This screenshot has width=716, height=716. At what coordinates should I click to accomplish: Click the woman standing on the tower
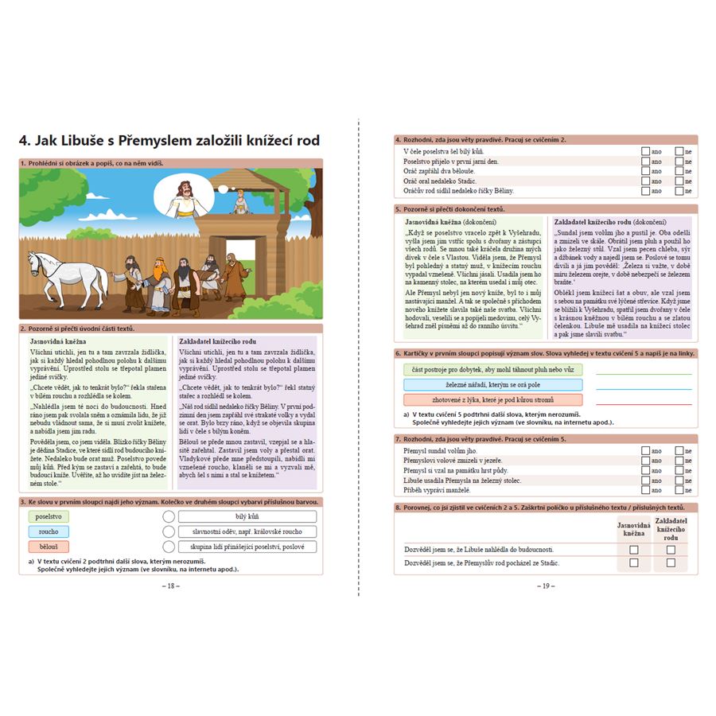coord(236,201)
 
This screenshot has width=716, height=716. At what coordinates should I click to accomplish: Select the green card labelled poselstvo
coord(48,516)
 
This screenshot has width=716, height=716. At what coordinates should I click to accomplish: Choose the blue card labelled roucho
coord(48,531)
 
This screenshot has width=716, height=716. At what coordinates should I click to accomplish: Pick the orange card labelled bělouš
coord(48,547)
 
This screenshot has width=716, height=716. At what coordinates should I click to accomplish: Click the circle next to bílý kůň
coord(168,516)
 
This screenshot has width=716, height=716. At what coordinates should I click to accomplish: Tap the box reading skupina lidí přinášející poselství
coord(247,547)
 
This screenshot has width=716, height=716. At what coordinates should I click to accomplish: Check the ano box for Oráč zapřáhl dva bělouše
coord(644,171)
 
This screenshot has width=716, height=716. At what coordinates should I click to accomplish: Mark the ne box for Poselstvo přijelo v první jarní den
coord(679,161)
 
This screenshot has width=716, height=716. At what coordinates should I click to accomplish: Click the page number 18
coord(170,586)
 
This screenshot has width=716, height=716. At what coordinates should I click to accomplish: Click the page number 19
coord(546,586)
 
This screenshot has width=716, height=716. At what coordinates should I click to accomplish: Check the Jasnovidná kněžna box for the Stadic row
coord(634,562)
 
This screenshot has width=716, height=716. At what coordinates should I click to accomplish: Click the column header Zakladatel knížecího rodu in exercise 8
coord(671,529)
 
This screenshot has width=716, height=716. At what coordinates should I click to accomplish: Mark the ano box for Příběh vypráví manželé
coord(644,491)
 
